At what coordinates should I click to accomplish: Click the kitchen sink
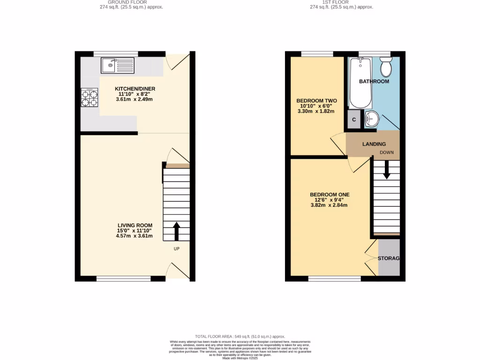click(117, 65)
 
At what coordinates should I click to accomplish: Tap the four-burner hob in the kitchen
click(90, 98)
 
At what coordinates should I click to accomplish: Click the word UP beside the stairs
click(177, 248)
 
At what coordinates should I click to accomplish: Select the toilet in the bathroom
click(386, 67)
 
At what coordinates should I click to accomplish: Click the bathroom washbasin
click(371, 119)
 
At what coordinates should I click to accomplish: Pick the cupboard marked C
click(354, 120)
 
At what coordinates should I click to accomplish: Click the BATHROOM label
click(374, 82)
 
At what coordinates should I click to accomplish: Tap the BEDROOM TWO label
click(316, 101)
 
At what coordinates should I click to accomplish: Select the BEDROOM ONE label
click(330, 195)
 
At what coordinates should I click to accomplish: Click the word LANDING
click(374, 144)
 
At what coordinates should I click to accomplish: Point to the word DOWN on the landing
click(387, 153)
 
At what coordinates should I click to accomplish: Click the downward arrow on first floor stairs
click(387, 170)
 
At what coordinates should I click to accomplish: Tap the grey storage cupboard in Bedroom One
click(389, 258)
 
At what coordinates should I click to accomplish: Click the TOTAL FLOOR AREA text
click(240, 337)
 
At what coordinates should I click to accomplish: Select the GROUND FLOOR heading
click(131, 2)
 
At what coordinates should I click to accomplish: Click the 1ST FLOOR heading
click(342, 2)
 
